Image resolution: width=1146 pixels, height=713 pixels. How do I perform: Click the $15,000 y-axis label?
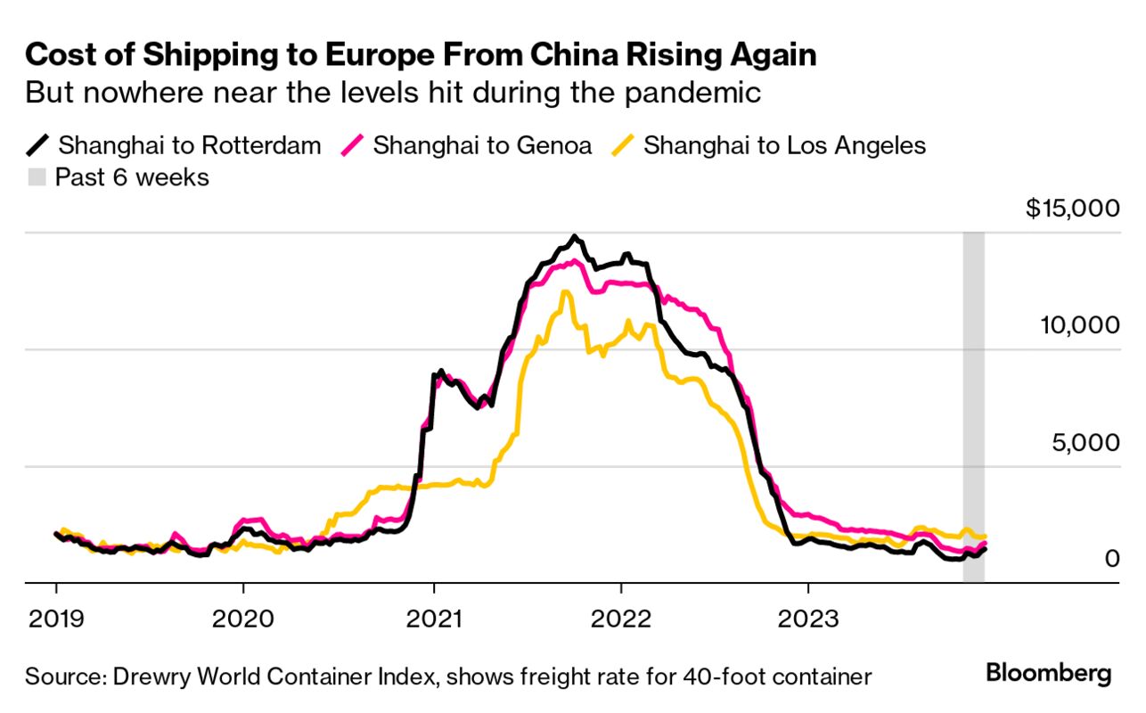point(1071,209)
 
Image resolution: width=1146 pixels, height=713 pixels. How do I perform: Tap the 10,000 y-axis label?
point(1079,325)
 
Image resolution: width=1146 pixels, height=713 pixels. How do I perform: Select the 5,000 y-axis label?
point(1085,442)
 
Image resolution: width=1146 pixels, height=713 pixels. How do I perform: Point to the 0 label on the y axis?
point(1111,559)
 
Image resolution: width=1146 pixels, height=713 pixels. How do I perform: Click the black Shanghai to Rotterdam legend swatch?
point(38,145)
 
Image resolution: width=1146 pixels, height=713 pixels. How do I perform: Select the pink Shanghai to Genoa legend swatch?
point(353,145)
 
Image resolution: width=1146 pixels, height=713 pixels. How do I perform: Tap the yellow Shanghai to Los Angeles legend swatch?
point(624,145)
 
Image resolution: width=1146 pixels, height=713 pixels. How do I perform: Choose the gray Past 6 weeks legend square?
point(37,177)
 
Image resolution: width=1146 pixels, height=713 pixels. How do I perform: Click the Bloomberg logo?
point(1049,674)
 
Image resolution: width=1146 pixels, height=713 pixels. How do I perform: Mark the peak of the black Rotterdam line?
point(575,237)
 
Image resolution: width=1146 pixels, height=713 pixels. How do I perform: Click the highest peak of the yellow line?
point(564,292)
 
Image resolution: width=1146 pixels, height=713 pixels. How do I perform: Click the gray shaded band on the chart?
point(973,401)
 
